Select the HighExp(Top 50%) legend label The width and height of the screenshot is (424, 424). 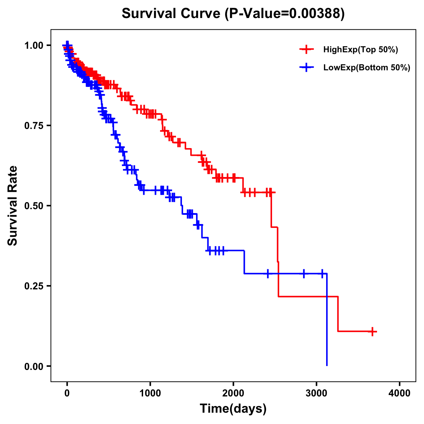361,50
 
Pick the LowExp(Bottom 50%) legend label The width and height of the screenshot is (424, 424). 367,68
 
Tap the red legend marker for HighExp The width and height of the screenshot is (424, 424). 306,49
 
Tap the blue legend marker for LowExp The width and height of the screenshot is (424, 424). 306,67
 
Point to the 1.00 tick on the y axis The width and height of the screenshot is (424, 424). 34,45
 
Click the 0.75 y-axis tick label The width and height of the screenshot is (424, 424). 34,125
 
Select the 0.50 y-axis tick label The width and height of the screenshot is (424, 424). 34,206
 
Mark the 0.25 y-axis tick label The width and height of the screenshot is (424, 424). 34,286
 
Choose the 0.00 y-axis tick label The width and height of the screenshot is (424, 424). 34,366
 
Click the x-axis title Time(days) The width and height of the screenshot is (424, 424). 233,409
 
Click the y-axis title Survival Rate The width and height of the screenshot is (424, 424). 13,206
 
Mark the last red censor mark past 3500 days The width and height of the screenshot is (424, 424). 372,331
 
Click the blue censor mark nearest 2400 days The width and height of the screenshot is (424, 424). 267,273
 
